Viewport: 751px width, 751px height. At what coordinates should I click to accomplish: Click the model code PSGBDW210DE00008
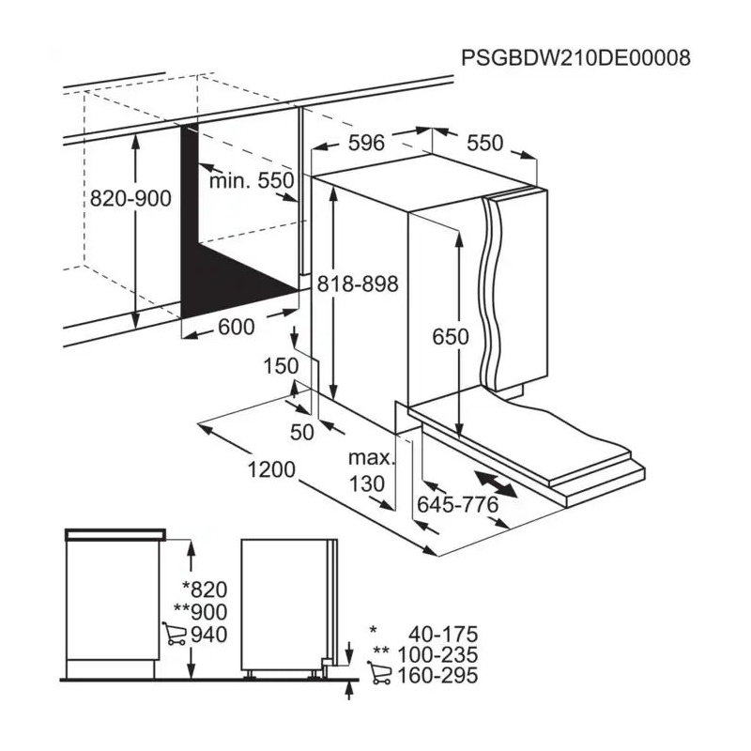click(x=575, y=58)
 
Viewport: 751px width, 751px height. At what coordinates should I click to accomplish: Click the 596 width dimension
click(x=366, y=144)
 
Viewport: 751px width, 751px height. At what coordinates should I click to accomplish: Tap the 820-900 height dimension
click(x=130, y=199)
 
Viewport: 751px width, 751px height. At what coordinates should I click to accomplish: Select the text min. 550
click(x=252, y=181)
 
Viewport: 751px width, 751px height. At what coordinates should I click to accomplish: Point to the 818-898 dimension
click(x=358, y=284)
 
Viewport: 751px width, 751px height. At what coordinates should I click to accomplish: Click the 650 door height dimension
click(x=450, y=336)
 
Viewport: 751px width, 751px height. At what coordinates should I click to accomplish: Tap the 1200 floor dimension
click(x=272, y=468)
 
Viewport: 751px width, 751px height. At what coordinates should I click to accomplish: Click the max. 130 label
click(x=369, y=472)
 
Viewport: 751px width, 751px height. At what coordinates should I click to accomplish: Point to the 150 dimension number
click(x=281, y=366)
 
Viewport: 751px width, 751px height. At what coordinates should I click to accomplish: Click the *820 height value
click(x=206, y=590)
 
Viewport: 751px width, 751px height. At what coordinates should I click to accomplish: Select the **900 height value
click(x=201, y=612)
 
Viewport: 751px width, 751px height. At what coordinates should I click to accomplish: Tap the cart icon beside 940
click(x=174, y=635)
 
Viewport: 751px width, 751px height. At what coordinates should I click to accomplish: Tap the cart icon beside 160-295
click(x=378, y=674)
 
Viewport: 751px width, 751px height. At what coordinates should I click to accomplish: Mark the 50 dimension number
click(x=302, y=432)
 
